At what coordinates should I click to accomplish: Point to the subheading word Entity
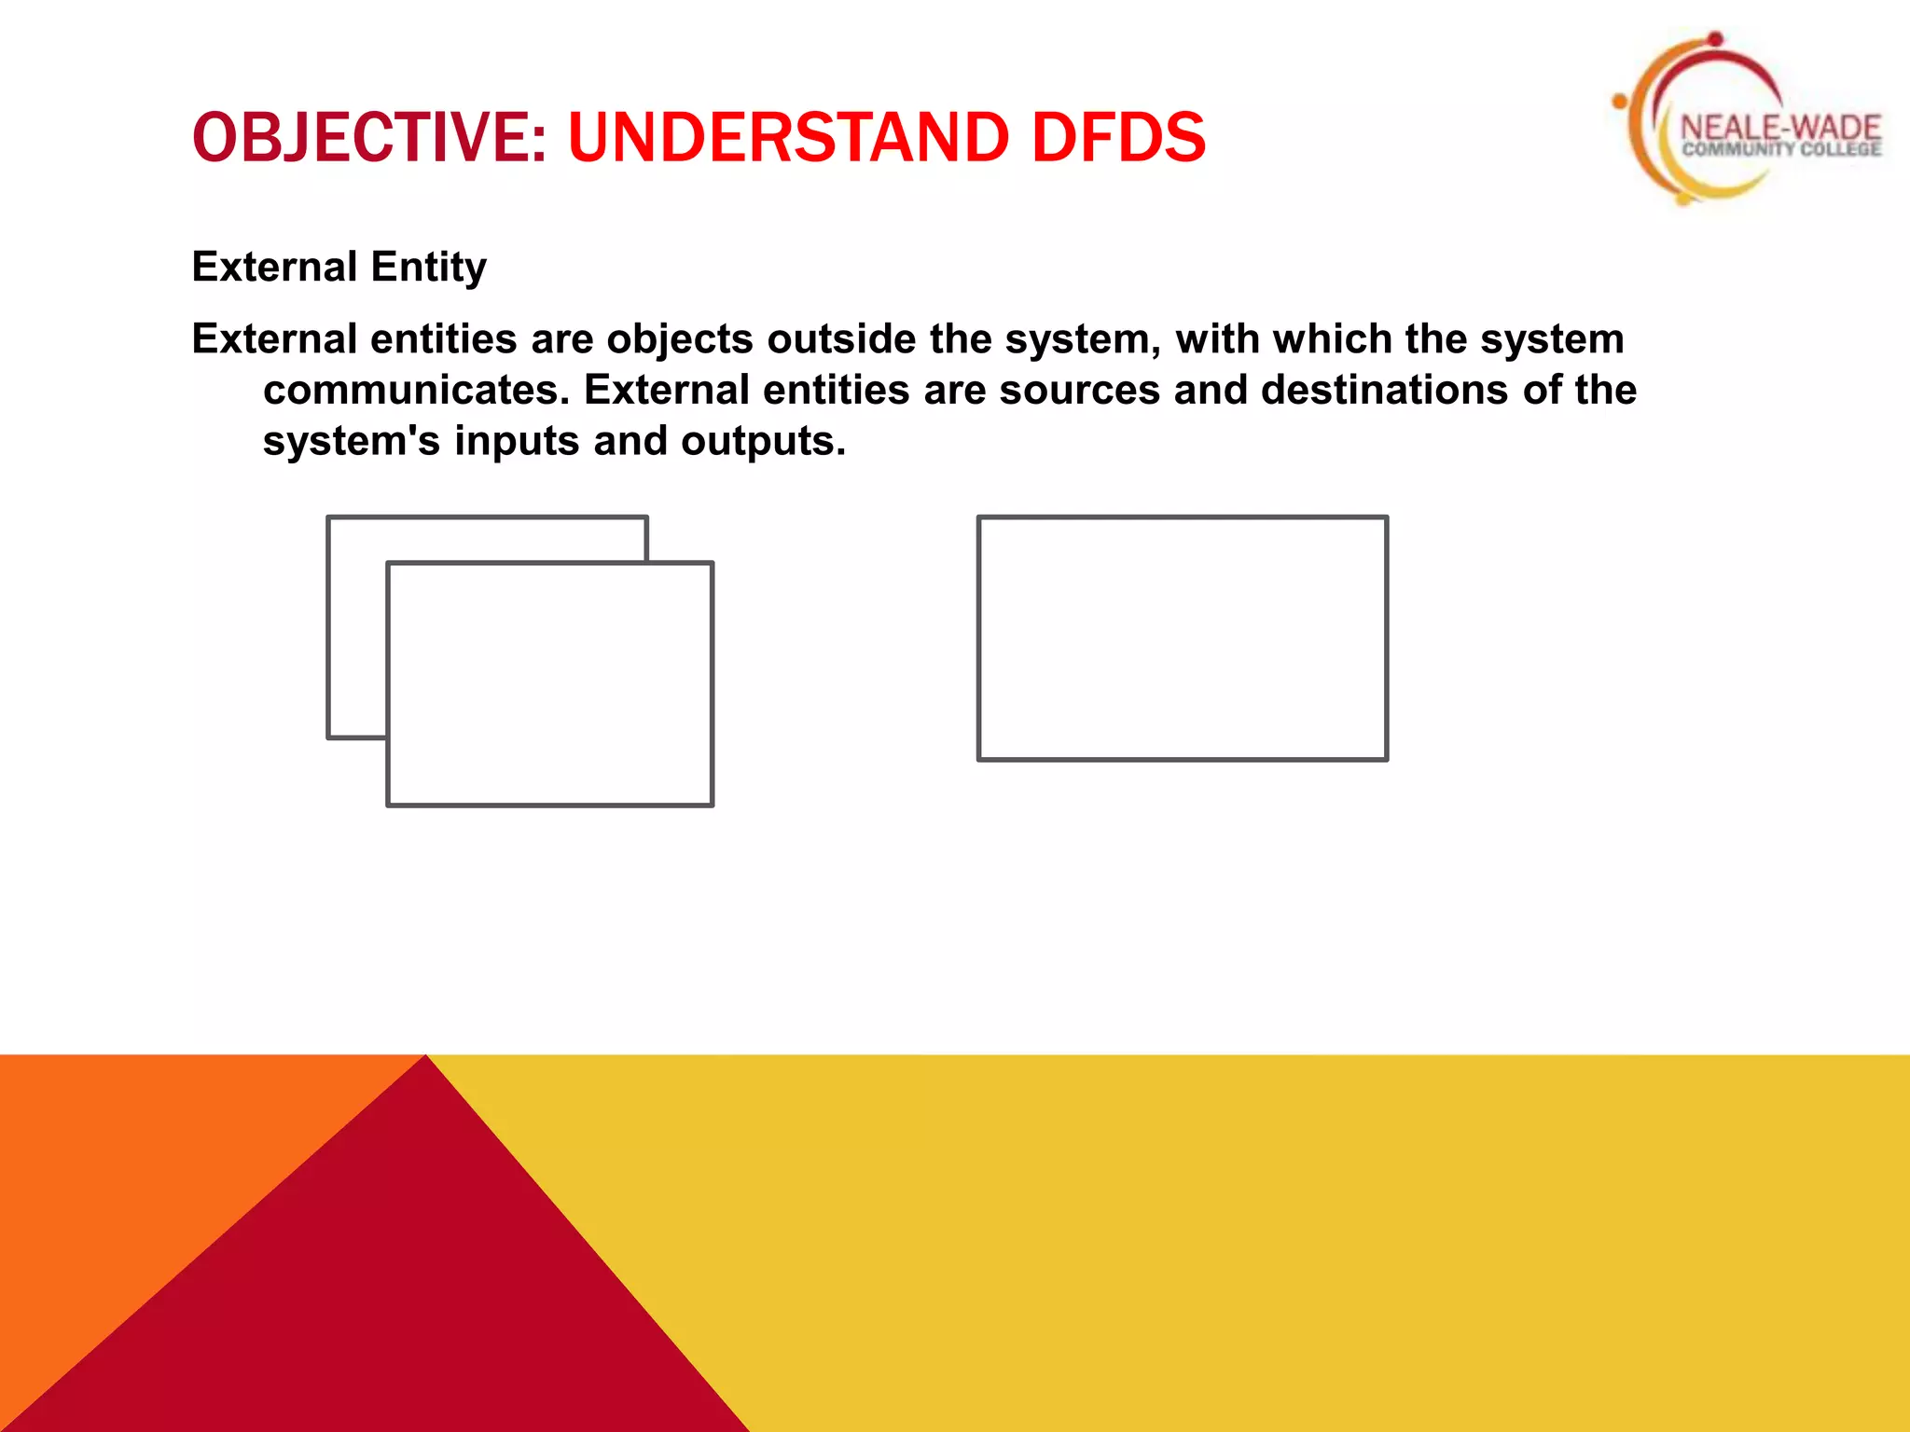click(428, 268)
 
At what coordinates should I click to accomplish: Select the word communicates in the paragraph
click(416, 391)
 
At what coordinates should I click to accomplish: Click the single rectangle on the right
click(1182, 639)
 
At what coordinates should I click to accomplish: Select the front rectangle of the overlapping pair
click(549, 684)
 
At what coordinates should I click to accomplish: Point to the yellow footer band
click(1306, 1240)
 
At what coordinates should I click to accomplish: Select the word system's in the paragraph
click(351, 442)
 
